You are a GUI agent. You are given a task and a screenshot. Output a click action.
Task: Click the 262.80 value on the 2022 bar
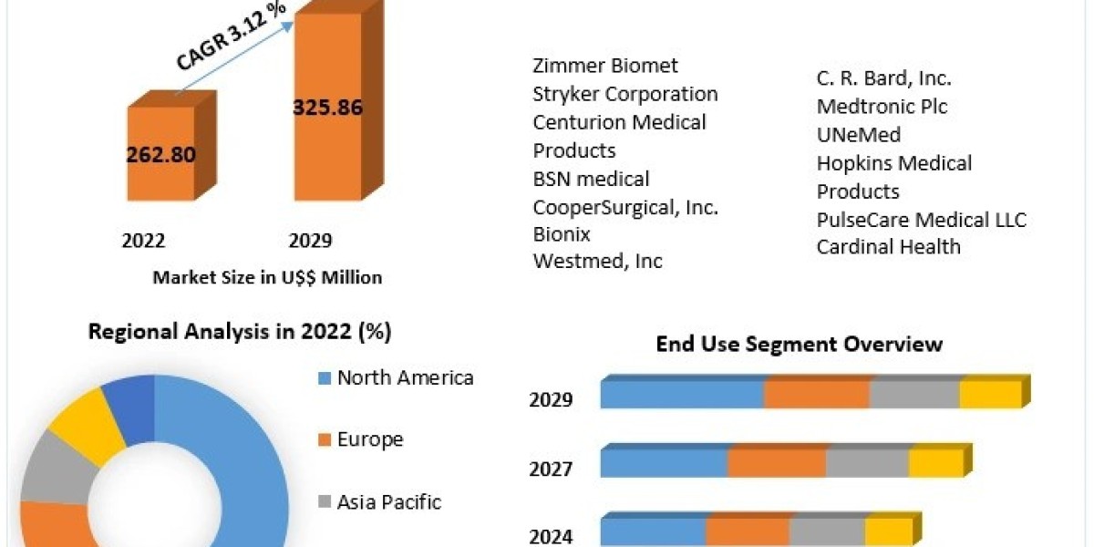tap(160, 154)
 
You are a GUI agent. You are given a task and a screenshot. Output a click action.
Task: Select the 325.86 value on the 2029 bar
tap(327, 108)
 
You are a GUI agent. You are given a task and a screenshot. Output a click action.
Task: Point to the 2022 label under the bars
tap(143, 241)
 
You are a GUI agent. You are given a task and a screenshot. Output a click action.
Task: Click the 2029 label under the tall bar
tap(310, 241)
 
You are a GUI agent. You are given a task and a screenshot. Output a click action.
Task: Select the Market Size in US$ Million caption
tap(267, 277)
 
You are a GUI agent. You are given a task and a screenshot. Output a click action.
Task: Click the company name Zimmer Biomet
tap(605, 66)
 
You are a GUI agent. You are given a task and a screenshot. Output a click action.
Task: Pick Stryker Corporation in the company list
tap(625, 94)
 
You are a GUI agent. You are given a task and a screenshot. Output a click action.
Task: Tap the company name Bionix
tap(562, 234)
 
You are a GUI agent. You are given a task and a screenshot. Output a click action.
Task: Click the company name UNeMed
tap(859, 135)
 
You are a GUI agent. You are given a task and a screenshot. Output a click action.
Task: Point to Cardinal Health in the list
tap(888, 246)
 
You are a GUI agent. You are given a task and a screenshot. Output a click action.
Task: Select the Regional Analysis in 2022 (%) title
tap(240, 332)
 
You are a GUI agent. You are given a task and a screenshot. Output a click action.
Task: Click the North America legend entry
tap(405, 377)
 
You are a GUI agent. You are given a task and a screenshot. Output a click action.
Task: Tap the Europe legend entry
tap(369, 439)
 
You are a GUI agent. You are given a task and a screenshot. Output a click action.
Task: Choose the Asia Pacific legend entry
tap(388, 501)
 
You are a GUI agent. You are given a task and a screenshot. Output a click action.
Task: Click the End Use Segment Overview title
tap(799, 344)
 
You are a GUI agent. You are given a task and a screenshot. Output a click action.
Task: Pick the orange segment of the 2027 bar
tap(777, 463)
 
